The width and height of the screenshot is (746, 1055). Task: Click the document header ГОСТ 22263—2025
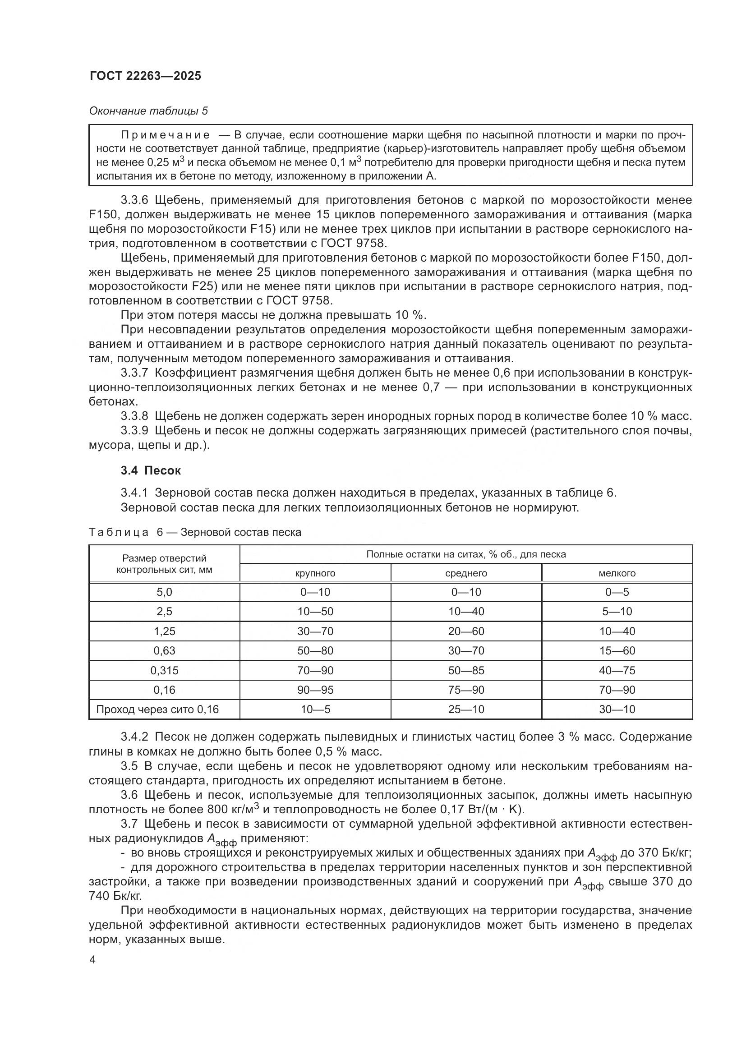coord(145,76)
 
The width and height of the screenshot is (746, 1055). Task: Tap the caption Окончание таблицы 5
coord(148,111)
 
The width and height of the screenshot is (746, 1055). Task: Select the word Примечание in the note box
coord(166,135)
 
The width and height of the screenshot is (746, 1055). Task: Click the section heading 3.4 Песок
coord(151,470)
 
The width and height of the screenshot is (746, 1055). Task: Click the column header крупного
coord(315,573)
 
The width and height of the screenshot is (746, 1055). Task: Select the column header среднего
coord(466,573)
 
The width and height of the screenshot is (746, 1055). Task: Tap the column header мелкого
coord(617,573)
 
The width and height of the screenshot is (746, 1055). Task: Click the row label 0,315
coord(165,670)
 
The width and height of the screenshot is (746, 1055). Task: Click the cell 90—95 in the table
coord(315,690)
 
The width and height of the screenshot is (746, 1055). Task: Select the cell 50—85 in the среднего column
coord(466,670)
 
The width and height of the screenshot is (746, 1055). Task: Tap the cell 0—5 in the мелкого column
coord(617,592)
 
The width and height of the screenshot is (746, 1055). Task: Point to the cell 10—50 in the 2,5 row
coord(315,612)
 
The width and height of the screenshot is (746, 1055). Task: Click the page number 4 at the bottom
coord(93,960)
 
